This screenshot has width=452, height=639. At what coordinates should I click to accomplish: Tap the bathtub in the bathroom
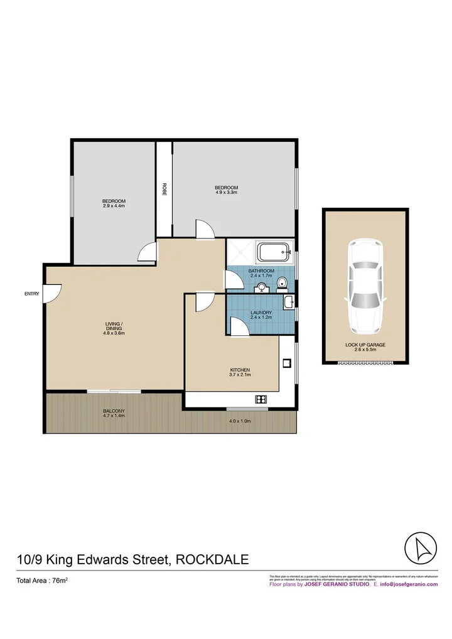[x=274, y=254]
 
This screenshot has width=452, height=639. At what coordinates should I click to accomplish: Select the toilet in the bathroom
[x=282, y=284]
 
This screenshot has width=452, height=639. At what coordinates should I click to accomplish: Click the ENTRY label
[x=31, y=293]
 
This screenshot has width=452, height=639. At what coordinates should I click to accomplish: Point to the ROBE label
[x=164, y=189]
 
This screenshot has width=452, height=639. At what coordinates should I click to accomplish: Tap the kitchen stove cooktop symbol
[x=261, y=399]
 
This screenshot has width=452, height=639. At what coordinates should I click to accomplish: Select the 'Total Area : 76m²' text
[x=42, y=581]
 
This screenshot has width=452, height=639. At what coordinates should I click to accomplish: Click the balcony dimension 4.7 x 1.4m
[x=114, y=416]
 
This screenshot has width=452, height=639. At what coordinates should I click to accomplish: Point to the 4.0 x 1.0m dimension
[x=239, y=421]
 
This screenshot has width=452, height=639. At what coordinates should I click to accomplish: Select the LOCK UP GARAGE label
[x=365, y=345]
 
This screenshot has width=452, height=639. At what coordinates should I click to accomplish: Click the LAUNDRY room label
[x=260, y=312]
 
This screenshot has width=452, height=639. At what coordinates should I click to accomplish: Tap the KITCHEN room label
[x=240, y=370]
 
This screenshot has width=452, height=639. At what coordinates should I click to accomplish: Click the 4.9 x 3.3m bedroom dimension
[x=226, y=193]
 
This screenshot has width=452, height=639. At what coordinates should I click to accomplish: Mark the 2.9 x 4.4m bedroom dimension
[x=114, y=205]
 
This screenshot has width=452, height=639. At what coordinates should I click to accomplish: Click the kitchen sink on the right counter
[x=286, y=362]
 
